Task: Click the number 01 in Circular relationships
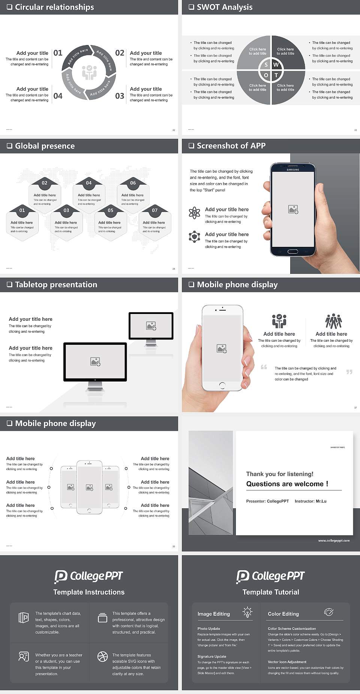coord(58,53)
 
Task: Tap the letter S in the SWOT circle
coord(266,65)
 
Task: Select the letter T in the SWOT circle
coord(276,75)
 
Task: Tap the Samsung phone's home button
coord(292,251)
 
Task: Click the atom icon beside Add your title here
coord(194,213)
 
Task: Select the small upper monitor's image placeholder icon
coord(151,326)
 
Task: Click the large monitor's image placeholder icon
coord(95,361)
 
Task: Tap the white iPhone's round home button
coord(222,385)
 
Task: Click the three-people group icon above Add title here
coord(333,321)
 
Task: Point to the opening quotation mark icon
coord(264,367)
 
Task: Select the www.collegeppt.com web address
coord(334,541)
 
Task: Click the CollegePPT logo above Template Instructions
coord(89,576)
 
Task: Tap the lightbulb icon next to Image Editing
coord(247,612)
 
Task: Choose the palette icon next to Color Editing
coord(328,612)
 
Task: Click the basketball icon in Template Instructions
coord(102,656)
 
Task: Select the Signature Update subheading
coord(212,656)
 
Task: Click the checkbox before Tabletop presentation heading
coord(9,285)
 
